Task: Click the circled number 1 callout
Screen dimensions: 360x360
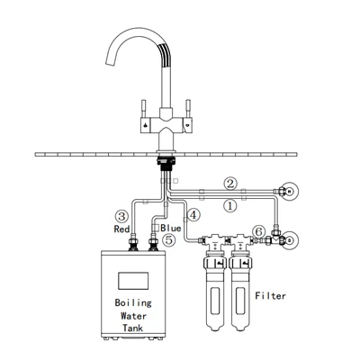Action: click(x=230, y=206)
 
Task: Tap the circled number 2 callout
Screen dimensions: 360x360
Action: click(x=230, y=184)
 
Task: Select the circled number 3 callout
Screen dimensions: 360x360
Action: click(x=121, y=216)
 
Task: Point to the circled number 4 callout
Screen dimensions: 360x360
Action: click(x=193, y=215)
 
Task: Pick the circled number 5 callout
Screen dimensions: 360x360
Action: click(x=169, y=240)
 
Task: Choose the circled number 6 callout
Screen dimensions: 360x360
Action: click(x=259, y=231)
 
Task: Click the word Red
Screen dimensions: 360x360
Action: click(x=121, y=229)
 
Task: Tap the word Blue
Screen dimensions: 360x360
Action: click(x=171, y=228)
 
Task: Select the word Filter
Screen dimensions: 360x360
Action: click(x=270, y=296)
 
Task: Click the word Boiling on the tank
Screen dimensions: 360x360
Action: click(x=133, y=302)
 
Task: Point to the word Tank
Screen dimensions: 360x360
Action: click(x=133, y=328)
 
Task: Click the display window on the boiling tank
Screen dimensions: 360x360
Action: click(x=133, y=281)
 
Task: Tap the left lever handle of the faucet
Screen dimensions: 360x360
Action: click(x=144, y=109)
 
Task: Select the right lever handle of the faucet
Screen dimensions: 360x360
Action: click(x=188, y=109)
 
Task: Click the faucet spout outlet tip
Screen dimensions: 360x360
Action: click(x=111, y=61)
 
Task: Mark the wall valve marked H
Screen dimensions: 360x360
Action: click(x=289, y=191)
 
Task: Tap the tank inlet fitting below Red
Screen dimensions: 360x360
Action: click(x=133, y=243)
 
